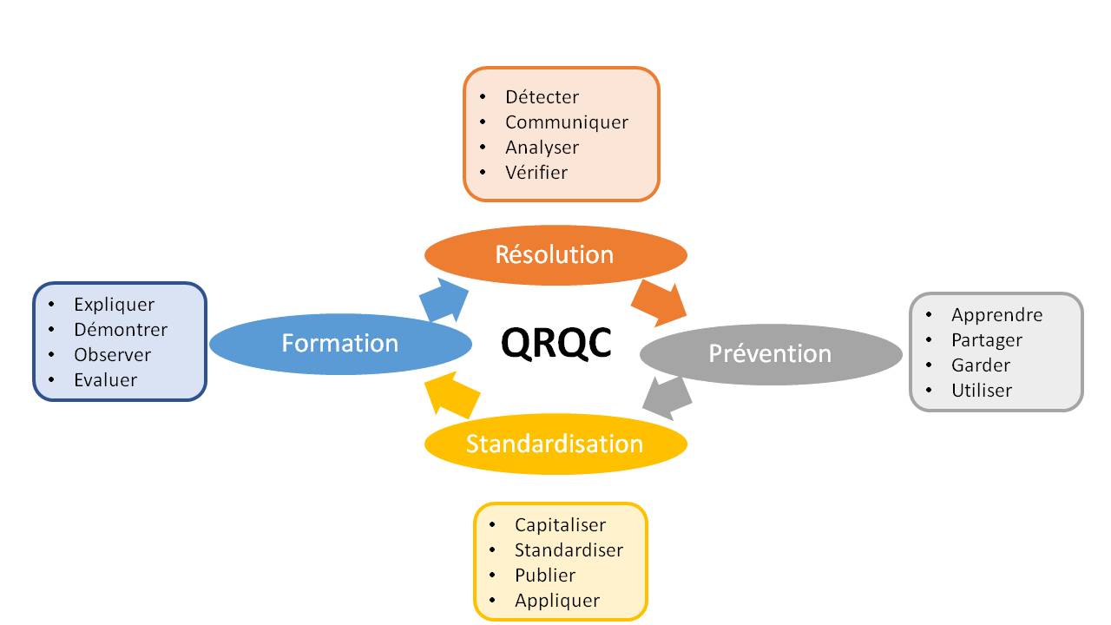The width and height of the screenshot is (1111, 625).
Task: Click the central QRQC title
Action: point(556,343)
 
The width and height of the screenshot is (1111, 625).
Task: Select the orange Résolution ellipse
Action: point(555,255)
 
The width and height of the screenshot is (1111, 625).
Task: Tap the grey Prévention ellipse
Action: point(771,353)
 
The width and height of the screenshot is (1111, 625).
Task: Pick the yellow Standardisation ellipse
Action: point(555,444)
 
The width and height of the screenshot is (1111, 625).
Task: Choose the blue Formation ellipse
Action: point(340,343)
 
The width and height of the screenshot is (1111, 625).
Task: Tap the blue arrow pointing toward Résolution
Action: point(444,300)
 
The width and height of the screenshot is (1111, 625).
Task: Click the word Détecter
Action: point(542,97)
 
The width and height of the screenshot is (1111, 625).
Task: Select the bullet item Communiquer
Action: point(566,122)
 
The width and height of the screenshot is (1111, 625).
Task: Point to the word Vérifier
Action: point(536,172)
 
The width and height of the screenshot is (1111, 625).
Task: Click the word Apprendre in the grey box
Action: point(996,315)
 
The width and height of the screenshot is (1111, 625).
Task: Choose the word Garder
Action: point(981,365)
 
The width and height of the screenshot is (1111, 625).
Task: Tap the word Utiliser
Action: point(982,390)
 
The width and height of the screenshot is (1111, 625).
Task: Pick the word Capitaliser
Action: point(560,525)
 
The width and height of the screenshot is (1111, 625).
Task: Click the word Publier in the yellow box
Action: point(545,575)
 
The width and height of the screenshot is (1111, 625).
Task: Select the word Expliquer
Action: point(114,305)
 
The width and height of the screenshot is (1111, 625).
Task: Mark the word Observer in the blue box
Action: point(112,355)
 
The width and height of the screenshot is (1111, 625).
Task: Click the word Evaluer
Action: point(105,379)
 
